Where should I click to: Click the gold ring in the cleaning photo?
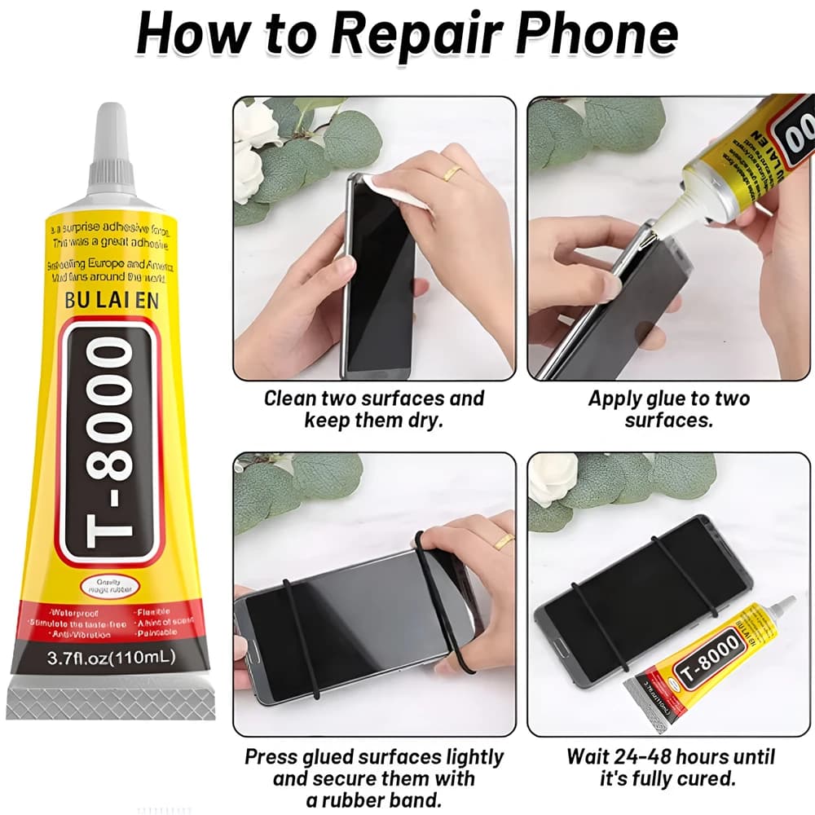453,172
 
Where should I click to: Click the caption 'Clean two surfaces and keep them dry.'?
373,409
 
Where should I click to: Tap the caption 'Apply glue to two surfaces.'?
668,409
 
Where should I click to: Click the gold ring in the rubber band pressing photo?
503,540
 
